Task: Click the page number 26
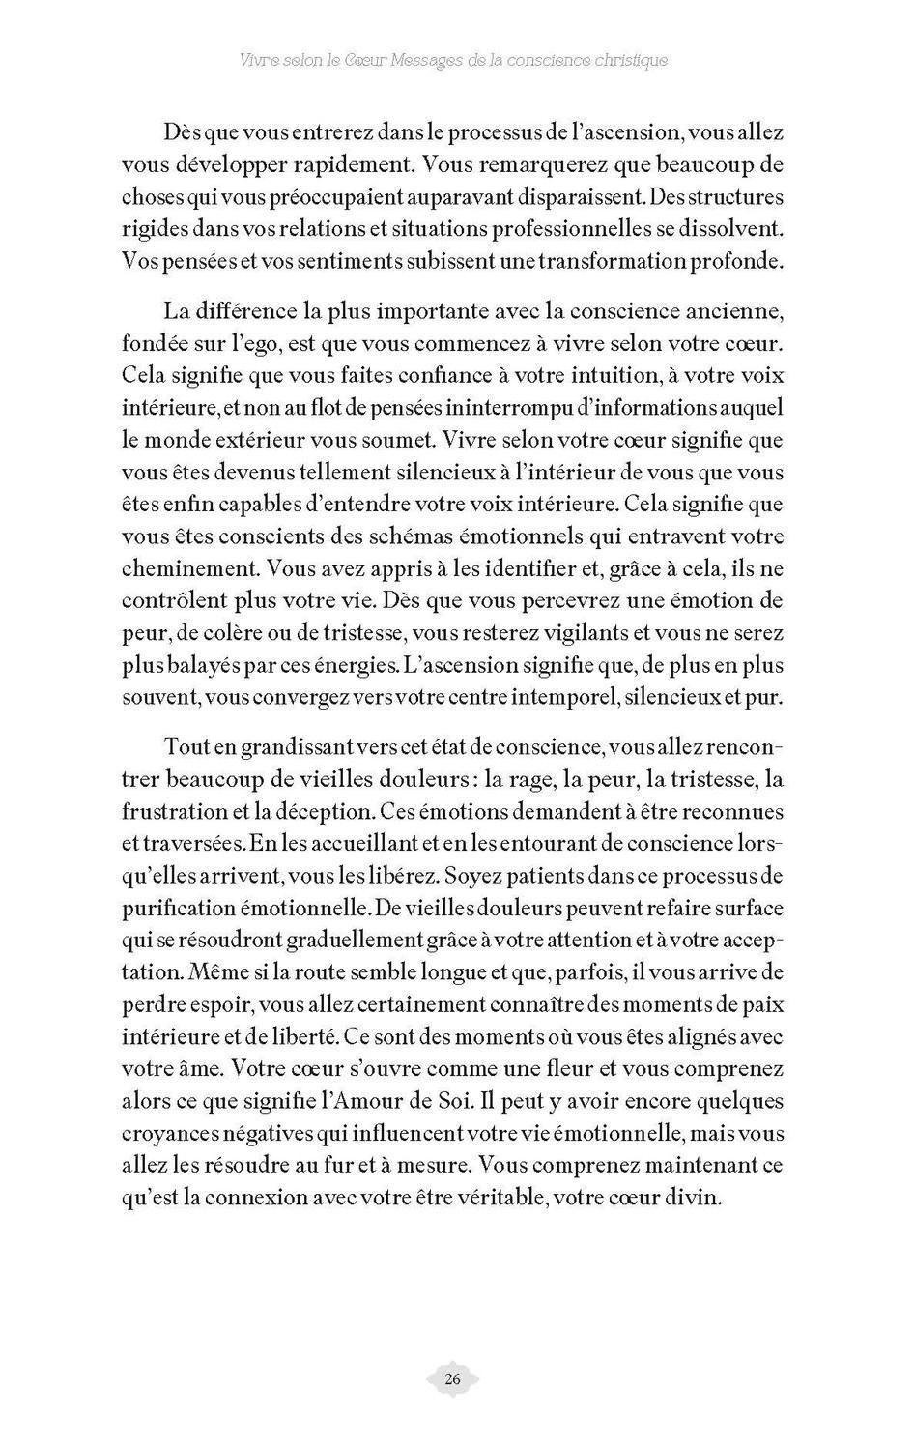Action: [x=453, y=1379]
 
